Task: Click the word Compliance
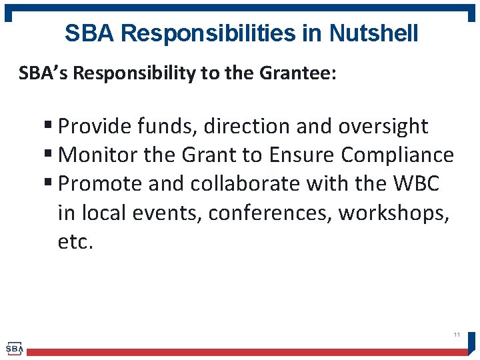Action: tap(397, 155)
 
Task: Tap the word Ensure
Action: tap(302, 155)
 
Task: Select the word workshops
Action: tap(394, 213)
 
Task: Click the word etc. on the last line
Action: tap(76, 241)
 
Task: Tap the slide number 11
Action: tap(457, 334)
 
